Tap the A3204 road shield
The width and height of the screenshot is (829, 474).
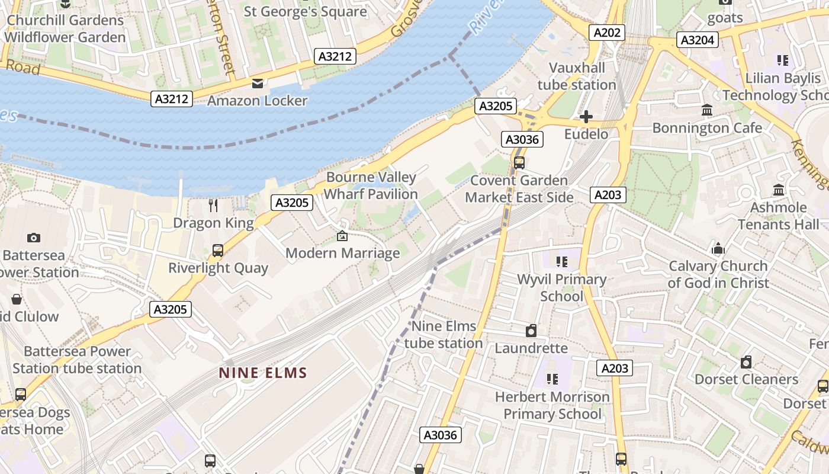pos(698,40)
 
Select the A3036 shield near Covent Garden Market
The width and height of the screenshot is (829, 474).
pos(522,139)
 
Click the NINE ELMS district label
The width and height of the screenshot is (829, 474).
pos(263,373)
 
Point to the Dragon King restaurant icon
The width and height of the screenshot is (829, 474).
pos(213,206)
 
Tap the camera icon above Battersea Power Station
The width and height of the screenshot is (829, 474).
pos(34,238)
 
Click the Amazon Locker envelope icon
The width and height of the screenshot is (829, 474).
pos(257,84)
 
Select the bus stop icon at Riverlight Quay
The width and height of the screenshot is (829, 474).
pos(217,251)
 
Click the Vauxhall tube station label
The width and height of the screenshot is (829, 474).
pos(577,76)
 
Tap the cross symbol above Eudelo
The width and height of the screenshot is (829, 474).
pos(586,117)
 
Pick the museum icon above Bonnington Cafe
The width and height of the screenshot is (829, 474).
pos(706,110)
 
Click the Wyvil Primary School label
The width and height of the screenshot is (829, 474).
pos(561,287)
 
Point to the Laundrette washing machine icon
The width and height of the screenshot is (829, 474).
pos(531,331)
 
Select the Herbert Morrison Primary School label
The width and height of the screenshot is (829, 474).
pos(552,405)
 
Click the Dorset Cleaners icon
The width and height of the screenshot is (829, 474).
pos(746,361)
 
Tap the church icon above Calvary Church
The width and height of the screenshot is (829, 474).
pos(718,248)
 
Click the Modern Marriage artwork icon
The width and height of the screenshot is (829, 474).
pos(342,236)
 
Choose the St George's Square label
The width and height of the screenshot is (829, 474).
pos(306,11)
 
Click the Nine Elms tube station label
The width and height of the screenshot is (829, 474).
pos(444,334)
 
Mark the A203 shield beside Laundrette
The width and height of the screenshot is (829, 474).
pos(614,368)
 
